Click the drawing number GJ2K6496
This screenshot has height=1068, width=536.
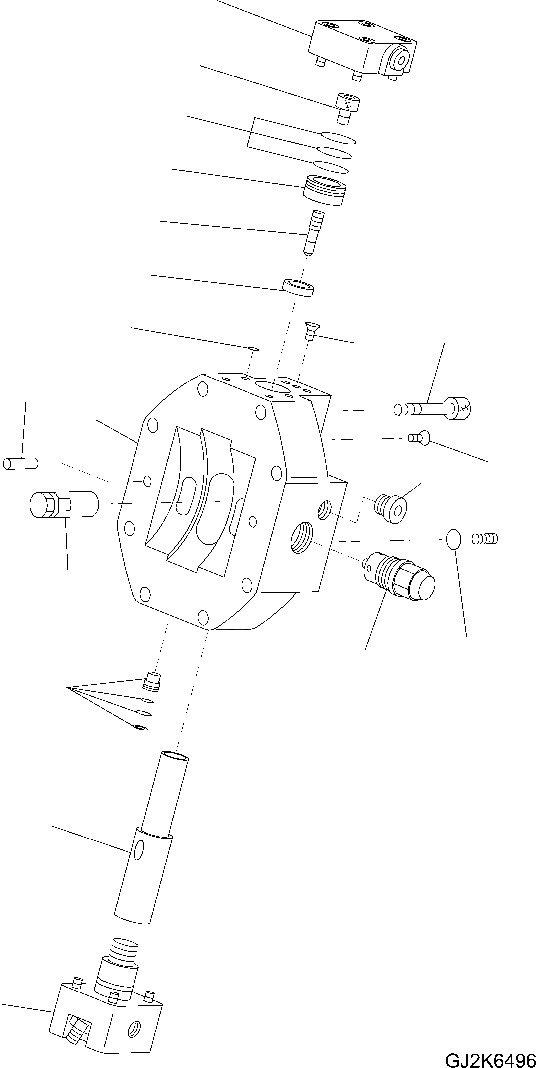(x=489, y=1058)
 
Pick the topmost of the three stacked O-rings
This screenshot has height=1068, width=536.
(x=338, y=138)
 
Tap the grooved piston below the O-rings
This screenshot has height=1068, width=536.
(x=324, y=190)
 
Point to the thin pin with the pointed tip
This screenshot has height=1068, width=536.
(x=313, y=233)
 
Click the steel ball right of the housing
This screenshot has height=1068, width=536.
(x=453, y=538)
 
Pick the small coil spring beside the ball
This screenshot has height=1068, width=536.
(x=484, y=538)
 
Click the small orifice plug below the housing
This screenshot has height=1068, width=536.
(x=152, y=682)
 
